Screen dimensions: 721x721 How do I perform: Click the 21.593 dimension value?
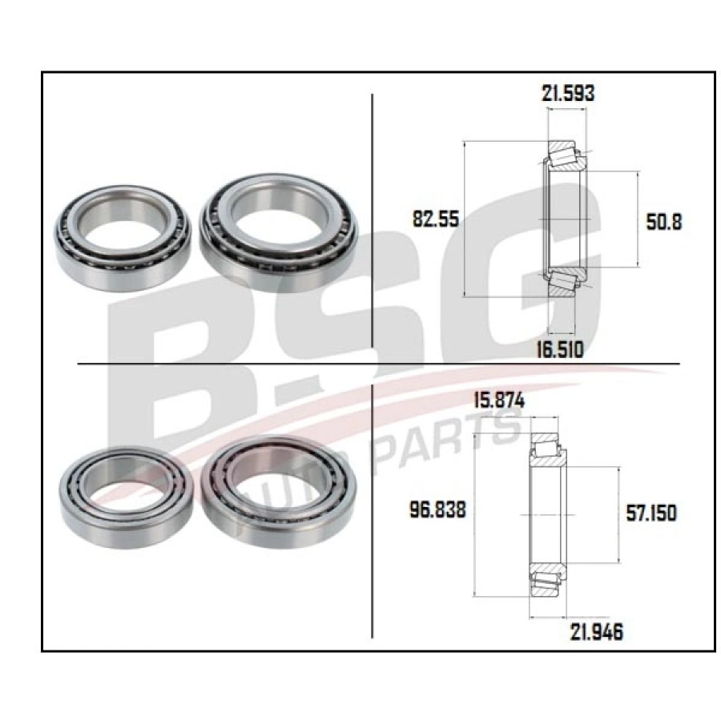tap(568, 93)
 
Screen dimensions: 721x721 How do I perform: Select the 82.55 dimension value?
tap(435, 220)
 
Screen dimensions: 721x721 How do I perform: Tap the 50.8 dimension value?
tap(663, 221)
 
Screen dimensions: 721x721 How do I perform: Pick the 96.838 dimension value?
tap(437, 510)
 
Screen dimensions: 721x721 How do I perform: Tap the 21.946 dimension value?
tap(595, 632)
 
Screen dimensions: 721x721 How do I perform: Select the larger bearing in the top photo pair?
tap(277, 231)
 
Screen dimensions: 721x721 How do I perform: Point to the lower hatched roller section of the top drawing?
tap(565, 283)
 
